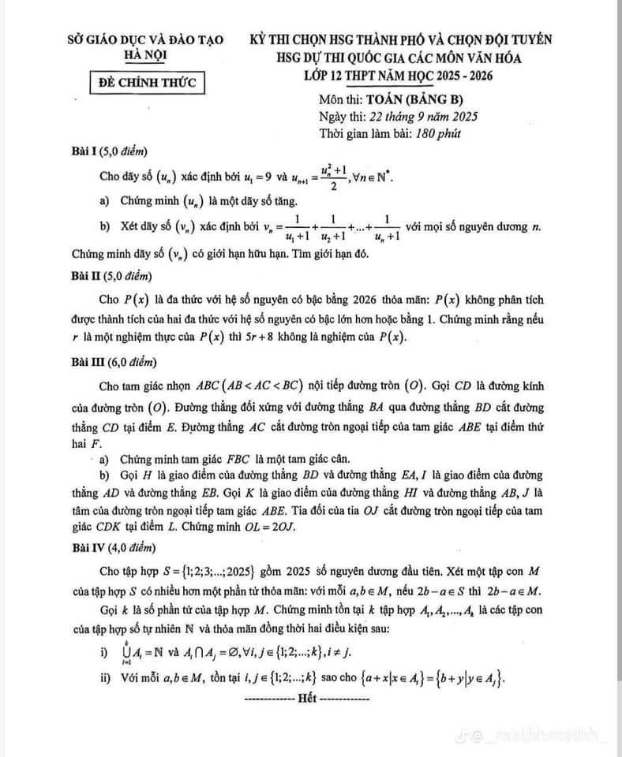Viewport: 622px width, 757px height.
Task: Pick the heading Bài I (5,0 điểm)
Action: [x=111, y=151]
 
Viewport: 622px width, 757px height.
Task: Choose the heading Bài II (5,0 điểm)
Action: [x=112, y=276]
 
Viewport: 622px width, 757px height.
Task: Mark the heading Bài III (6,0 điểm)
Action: [x=114, y=363]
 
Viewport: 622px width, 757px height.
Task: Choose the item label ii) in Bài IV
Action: [x=106, y=680]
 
